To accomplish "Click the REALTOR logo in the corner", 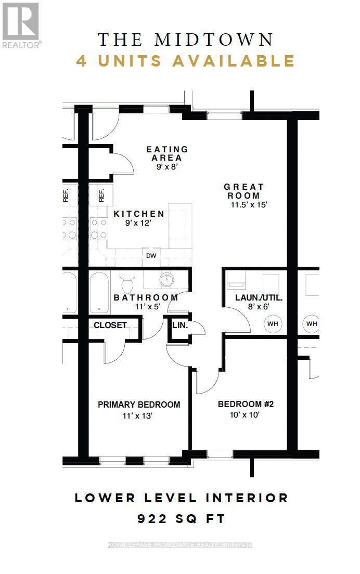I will pyautogui.click(x=21, y=24).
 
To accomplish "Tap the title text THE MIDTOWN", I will pyautogui.click(x=186, y=39).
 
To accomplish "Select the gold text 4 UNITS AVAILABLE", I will pyautogui.click(x=186, y=61).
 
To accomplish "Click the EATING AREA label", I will pyautogui.click(x=167, y=153).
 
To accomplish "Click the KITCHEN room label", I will pyautogui.click(x=139, y=214).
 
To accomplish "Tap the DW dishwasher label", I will pyautogui.click(x=151, y=255).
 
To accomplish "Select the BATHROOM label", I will pyautogui.click(x=146, y=297).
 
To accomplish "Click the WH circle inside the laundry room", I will pyautogui.click(x=273, y=324).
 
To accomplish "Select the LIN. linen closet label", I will pyautogui.click(x=179, y=325).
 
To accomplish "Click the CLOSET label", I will pyautogui.click(x=110, y=325).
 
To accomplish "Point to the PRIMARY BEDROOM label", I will pyautogui.click(x=139, y=405).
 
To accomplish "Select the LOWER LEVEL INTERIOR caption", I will pyautogui.click(x=182, y=498).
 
